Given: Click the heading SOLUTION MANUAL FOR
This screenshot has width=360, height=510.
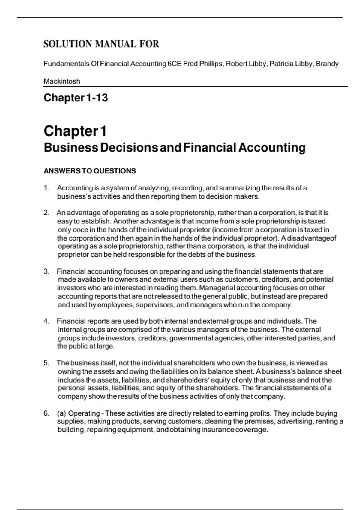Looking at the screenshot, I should (101, 44).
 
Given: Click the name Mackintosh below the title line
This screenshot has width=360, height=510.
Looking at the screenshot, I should (62, 81).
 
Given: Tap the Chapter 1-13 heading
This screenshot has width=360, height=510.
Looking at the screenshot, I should (76, 97).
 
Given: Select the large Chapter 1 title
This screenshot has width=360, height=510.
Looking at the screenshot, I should (75, 131).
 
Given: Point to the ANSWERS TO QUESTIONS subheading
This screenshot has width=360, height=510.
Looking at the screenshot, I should (90, 171).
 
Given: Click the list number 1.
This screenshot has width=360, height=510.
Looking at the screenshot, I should (46, 188).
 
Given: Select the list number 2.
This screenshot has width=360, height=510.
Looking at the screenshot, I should (46, 213).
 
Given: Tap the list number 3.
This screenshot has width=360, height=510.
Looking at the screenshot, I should (46, 271).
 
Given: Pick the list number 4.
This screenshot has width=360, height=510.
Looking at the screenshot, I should (46, 321).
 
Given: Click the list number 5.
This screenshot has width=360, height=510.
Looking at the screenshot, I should (46, 363).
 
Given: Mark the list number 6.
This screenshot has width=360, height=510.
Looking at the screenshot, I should (46, 413).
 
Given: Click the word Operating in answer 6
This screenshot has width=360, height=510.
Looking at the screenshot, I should (84, 413).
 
